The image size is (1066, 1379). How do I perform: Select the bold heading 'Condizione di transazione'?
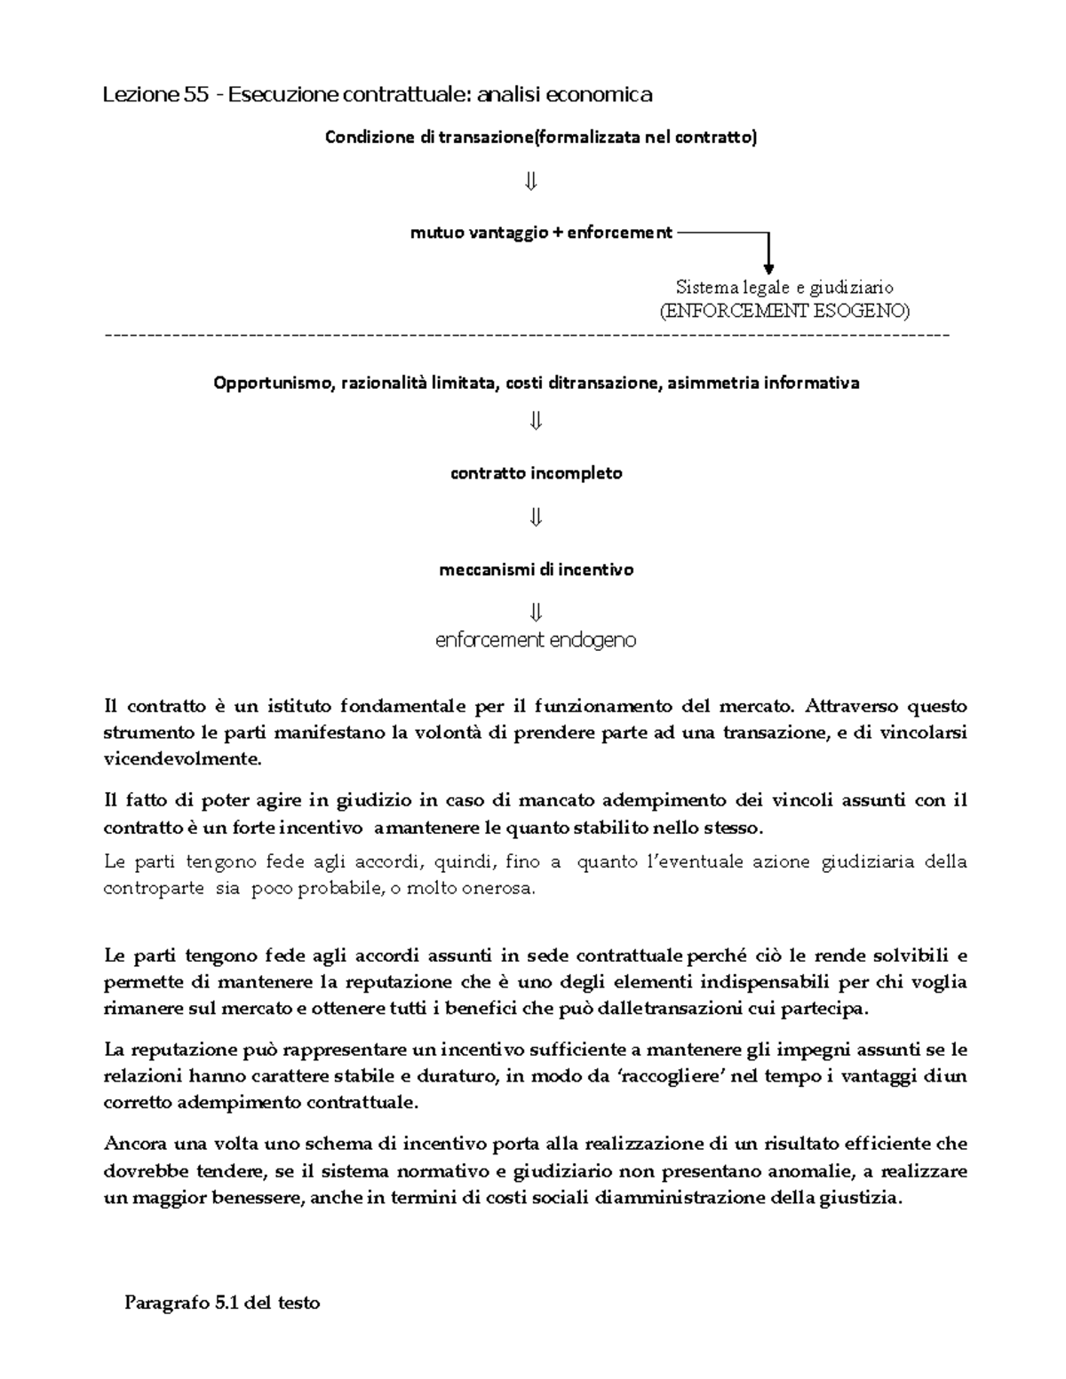(426, 138)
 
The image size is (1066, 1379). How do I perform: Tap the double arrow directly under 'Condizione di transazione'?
(531, 182)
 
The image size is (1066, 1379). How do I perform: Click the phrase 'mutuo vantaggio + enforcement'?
(541, 233)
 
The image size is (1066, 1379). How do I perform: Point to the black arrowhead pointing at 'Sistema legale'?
(769, 266)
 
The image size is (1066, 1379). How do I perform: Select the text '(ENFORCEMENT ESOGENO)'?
(784, 311)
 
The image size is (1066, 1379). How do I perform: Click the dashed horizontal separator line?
(527, 336)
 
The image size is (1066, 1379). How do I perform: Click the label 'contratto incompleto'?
(537, 473)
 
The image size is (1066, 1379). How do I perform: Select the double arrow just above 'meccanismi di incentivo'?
(535, 517)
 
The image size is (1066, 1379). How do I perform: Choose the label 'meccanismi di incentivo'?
(537, 570)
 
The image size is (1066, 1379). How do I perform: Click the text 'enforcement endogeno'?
(536, 640)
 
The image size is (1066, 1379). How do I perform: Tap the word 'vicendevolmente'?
(183, 760)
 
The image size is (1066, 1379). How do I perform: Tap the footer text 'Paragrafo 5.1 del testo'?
(222, 1304)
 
